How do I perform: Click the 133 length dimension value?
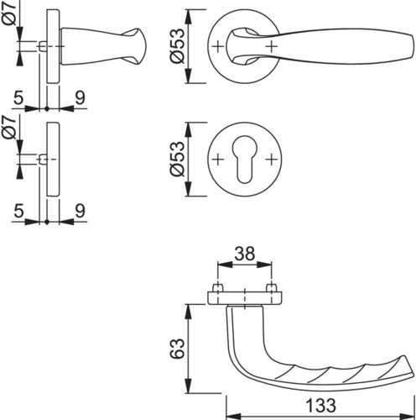(320, 405)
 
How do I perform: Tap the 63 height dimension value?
(178, 349)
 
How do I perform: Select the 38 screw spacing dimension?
(245, 254)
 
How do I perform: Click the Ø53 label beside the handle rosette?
(178, 46)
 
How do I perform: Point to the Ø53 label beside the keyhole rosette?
(178, 159)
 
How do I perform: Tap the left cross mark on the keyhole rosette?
(218, 160)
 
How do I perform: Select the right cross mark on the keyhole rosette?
(271, 160)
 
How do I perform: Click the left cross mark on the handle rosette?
(218, 46)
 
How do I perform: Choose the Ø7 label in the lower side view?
(11, 128)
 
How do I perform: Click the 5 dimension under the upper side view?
(18, 98)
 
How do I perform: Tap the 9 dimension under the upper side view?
(80, 98)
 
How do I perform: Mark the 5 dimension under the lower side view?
(18, 211)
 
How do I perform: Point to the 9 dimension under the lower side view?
(80, 211)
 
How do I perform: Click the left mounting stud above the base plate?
(217, 288)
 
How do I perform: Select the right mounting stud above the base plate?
(271, 288)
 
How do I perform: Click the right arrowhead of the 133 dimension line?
(407, 416)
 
